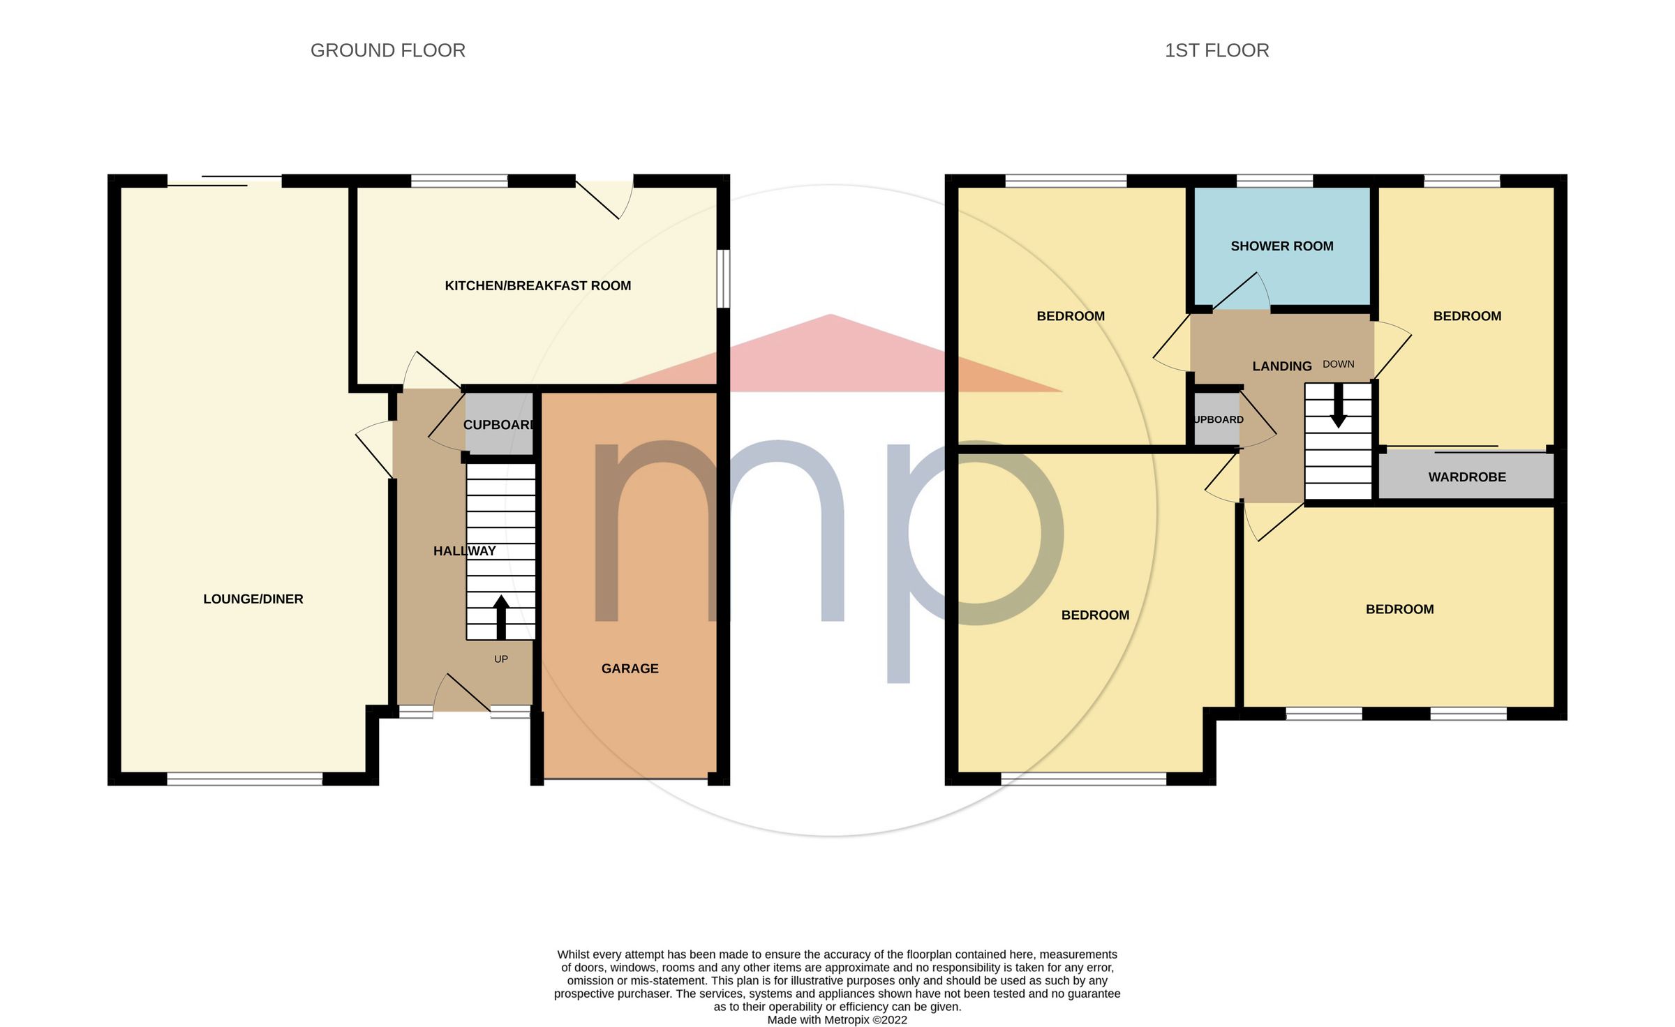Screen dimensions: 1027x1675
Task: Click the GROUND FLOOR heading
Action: coord(387,50)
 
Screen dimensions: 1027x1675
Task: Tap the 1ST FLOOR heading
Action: coord(1216,50)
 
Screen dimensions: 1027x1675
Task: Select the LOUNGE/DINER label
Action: coord(253,599)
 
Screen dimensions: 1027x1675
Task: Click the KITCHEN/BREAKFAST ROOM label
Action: coord(537,285)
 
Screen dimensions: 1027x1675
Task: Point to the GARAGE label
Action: coord(630,668)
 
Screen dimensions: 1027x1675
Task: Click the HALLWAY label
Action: coord(464,550)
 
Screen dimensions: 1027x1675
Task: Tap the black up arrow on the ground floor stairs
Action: coord(501,617)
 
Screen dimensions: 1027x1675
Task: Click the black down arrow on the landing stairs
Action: coord(1338,406)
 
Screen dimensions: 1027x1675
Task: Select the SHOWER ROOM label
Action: coord(1281,246)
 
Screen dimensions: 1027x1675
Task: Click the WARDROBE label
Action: coord(1466,477)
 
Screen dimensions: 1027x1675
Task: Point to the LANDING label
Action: coord(1281,366)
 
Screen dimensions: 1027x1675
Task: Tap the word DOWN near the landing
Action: coord(1338,364)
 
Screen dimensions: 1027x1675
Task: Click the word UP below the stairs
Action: coord(501,659)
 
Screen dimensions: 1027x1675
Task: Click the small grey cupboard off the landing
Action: coord(1216,419)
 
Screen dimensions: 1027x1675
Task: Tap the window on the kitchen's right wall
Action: coord(724,278)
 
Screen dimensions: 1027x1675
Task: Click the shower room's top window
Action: coord(1274,181)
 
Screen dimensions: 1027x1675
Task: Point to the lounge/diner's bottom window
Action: coord(244,779)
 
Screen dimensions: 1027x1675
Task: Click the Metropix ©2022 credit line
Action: coord(837,1019)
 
